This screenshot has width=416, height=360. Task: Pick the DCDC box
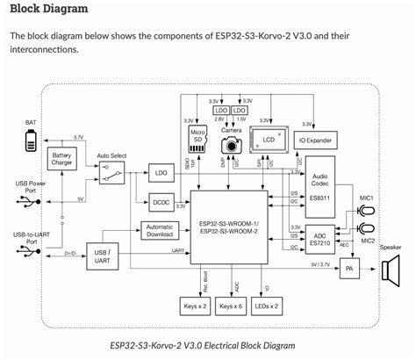click(x=161, y=203)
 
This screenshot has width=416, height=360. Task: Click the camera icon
click(x=232, y=143)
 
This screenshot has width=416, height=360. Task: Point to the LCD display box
click(x=269, y=139)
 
